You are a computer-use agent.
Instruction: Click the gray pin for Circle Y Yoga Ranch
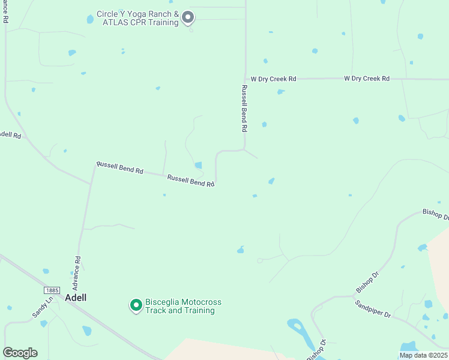click(x=188, y=17)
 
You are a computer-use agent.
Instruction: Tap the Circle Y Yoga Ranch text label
click(x=138, y=18)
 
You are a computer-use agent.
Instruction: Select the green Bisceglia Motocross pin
click(x=136, y=305)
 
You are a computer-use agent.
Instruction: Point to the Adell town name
click(x=76, y=298)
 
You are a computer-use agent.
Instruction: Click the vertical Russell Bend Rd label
click(x=244, y=108)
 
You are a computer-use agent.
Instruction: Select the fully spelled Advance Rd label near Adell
click(x=78, y=271)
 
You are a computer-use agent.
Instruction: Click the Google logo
click(x=20, y=353)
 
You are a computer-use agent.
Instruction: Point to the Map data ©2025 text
click(x=423, y=355)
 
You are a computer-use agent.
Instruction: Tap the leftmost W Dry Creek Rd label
click(x=274, y=79)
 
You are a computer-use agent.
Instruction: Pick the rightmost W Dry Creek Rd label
click(x=367, y=79)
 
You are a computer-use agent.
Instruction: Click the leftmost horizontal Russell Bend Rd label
click(x=120, y=167)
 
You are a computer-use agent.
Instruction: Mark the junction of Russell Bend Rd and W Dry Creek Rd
click(x=246, y=79)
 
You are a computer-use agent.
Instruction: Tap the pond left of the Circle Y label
click(x=90, y=19)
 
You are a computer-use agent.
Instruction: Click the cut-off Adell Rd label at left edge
click(x=10, y=135)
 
